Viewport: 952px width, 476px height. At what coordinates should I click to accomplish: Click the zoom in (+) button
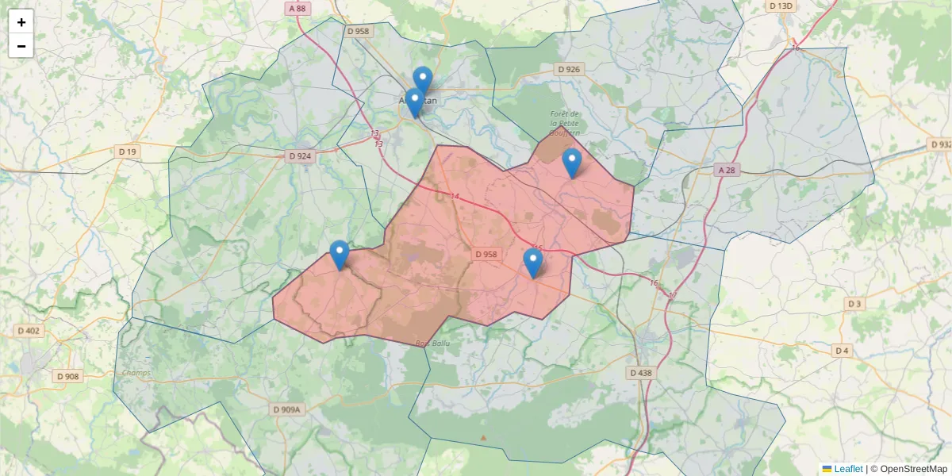click(x=21, y=22)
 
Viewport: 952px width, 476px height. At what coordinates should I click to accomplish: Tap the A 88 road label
click(x=297, y=9)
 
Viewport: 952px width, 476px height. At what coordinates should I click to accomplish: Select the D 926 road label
click(x=569, y=70)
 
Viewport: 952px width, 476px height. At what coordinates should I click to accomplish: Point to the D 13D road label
click(x=781, y=6)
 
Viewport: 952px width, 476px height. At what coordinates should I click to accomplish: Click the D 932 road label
click(x=939, y=144)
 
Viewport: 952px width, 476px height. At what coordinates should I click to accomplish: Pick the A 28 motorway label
click(x=727, y=171)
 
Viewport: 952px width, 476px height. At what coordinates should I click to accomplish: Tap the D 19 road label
click(x=127, y=152)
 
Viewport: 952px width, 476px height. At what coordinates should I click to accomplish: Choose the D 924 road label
click(x=300, y=156)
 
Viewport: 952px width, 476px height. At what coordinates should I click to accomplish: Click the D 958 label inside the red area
click(x=486, y=255)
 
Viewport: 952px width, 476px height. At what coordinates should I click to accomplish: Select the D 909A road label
click(x=286, y=409)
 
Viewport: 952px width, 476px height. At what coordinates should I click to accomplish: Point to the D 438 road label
click(x=640, y=372)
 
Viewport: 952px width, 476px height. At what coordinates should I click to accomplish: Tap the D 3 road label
click(x=854, y=304)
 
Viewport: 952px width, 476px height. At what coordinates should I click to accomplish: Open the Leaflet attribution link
click(x=848, y=469)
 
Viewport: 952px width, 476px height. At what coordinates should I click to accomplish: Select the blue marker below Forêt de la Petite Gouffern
click(x=572, y=163)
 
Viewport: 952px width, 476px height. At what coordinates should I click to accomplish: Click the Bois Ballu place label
click(x=432, y=344)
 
